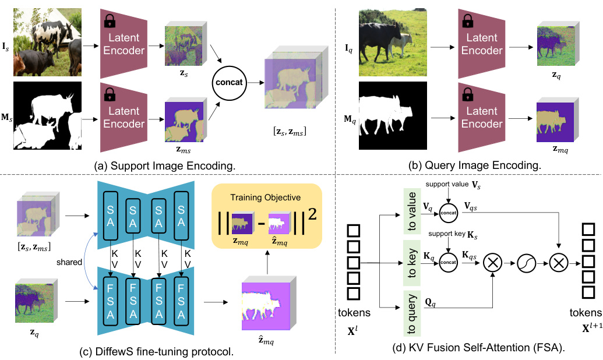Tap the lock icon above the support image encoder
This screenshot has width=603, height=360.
108,22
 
